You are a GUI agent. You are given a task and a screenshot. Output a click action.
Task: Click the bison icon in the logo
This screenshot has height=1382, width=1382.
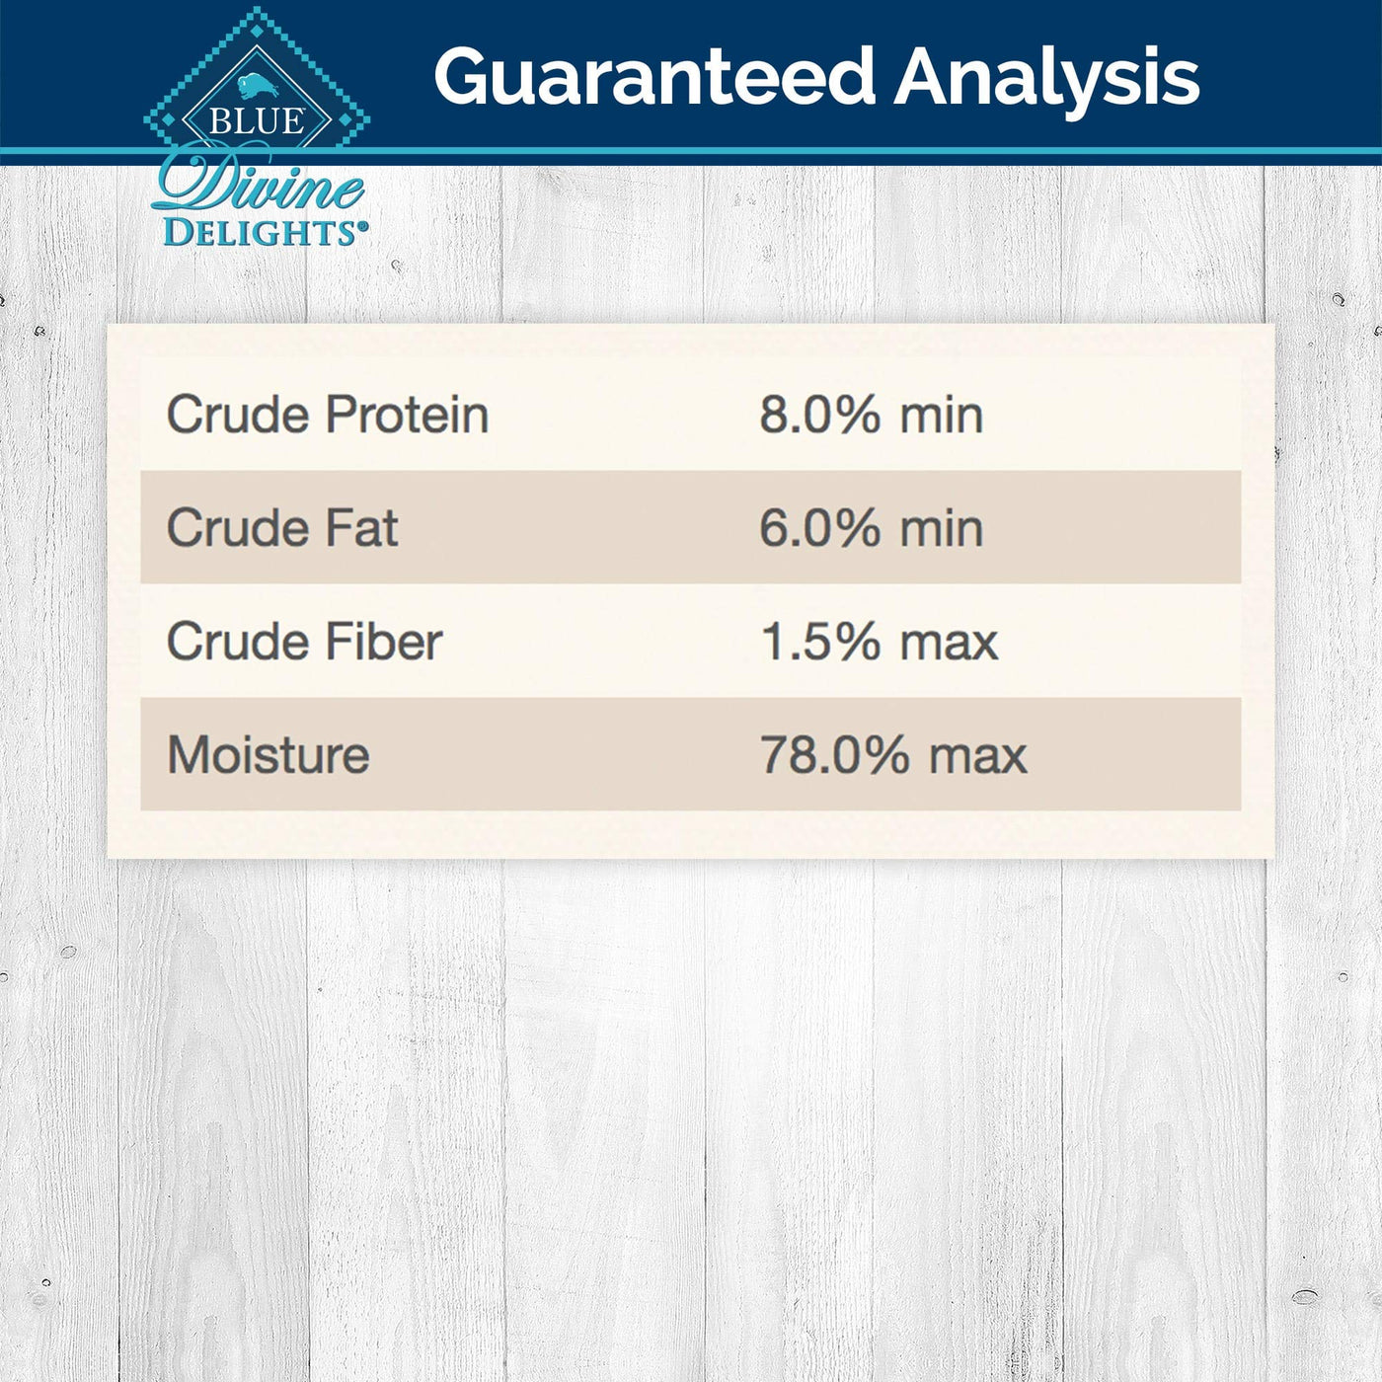[x=258, y=85]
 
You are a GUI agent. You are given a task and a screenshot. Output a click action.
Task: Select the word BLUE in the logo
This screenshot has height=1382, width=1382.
[x=257, y=121]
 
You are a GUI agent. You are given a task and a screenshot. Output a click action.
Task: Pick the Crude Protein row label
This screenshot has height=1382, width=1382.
[x=328, y=415]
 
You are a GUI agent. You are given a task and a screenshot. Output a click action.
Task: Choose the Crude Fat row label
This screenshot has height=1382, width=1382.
[x=282, y=528]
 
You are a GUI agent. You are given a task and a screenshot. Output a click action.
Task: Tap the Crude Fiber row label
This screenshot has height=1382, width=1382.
[x=305, y=641]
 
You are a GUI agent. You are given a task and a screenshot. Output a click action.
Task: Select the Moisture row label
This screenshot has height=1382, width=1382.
[x=269, y=754]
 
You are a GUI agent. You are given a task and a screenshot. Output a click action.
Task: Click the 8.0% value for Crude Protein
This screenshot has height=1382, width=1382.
[x=819, y=415]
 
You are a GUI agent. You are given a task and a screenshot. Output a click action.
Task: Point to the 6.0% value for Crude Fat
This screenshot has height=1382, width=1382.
[x=819, y=528]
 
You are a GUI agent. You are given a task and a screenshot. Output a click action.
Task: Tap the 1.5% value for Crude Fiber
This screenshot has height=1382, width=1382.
[x=819, y=641]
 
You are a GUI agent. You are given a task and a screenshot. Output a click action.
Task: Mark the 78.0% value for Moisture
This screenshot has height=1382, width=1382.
[x=835, y=754]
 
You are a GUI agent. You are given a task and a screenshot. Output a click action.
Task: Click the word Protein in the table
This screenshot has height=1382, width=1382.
[x=408, y=415]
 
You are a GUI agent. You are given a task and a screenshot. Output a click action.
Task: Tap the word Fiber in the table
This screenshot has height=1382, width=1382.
[x=384, y=641]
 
